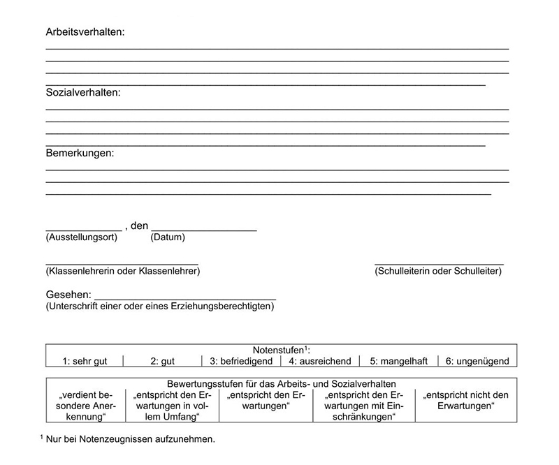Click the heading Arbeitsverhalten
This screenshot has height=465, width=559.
(x=85, y=32)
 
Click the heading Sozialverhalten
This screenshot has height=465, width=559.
(x=83, y=93)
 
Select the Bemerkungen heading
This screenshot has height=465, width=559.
(x=80, y=153)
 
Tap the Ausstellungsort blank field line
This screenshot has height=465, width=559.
(x=83, y=230)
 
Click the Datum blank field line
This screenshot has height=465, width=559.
(x=203, y=230)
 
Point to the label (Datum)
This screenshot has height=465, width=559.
(x=168, y=237)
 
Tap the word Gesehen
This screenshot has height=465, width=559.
(x=68, y=295)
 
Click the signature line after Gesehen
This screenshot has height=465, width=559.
(x=185, y=298)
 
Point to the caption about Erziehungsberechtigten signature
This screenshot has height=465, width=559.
(x=161, y=306)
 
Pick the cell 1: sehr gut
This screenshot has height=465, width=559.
(x=85, y=361)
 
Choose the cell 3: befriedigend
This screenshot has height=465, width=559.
(x=240, y=361)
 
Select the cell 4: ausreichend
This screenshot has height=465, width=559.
(x=320, y=361)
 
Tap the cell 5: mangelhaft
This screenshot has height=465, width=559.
(x=399, y=361)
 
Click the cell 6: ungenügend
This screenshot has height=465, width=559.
(x=478, y=361)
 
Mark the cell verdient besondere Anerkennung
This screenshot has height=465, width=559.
(x=85, y=406)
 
